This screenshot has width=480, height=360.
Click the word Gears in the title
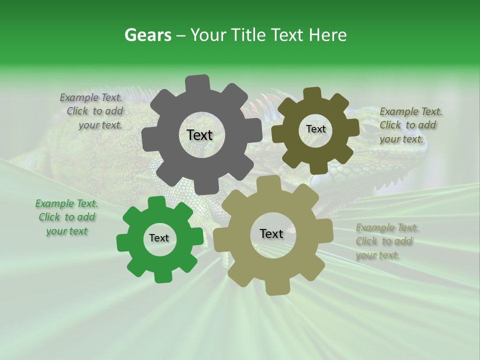pyautogui.click(x=147, y=35)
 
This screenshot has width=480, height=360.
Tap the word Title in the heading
pyautogui.click(x=246, y=35)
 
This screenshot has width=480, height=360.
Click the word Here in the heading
pyautogui.click(x=327, y=35)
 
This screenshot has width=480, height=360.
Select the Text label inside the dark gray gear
pyautogui.click(x=199, y=135)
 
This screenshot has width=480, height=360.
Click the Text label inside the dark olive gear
pyautogui.click(x=315, y=129)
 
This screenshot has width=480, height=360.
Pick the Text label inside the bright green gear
pyautogui.click(x=159, y=238)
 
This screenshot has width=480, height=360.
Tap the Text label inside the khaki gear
pyautogui.click(x=271, y=233)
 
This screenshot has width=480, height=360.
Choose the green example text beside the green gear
pyautogui.click(x=66, y=217)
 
